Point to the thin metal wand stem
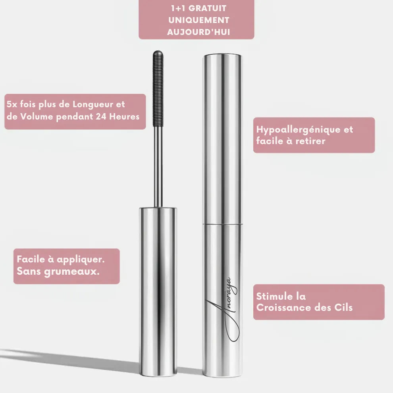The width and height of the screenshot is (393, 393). pyautogui.click(x=158, y=167)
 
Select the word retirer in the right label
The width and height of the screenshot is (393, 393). pyautogui.click(x=311, y=141)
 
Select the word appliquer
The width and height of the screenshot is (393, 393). pyautogui.click(x=81, y=260)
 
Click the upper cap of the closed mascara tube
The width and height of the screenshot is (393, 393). pyautogui.click(x=223, y=139)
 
